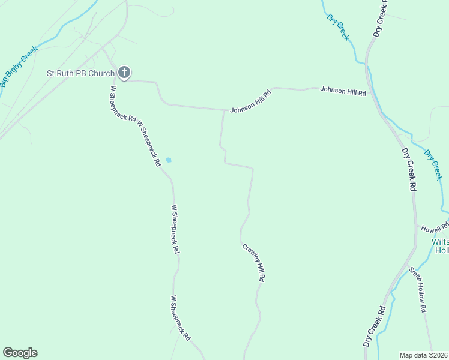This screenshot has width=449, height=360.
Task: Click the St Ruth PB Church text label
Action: [80, 74]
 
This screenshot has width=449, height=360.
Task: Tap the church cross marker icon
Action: [124, 73]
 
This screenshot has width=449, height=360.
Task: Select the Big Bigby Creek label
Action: [19, 66]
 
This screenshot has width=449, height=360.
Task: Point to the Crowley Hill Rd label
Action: [253, 262]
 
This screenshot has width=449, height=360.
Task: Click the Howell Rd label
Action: [435, 228]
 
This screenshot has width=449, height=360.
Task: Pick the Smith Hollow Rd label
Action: [418, 289]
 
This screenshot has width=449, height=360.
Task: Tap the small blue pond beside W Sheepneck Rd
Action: [169, 160]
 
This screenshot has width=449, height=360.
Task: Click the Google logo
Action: [20, 353]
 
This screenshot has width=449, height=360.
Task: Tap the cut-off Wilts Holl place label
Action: [441, 246]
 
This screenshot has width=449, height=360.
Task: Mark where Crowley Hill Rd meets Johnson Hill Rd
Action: [224, 110]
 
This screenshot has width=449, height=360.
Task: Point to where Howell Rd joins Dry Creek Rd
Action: [416, 226]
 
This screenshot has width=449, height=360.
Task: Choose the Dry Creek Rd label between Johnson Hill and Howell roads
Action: [409, 169]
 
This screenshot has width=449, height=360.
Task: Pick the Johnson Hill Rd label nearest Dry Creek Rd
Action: [343, 91]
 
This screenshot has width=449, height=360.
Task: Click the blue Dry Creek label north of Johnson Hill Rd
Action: [338, 28]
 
